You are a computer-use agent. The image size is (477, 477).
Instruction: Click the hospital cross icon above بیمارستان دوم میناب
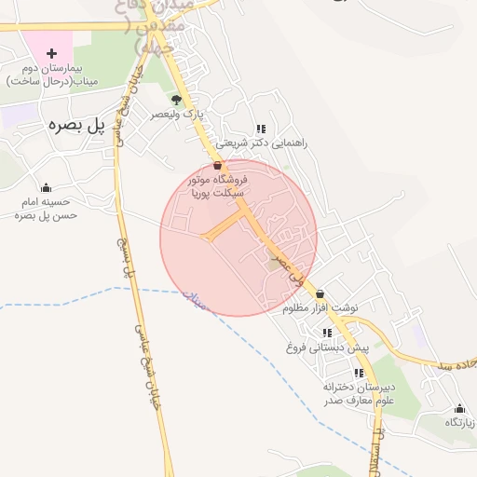[x=51, y=53]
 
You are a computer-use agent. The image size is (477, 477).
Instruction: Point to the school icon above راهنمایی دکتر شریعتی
[x=261, y=129]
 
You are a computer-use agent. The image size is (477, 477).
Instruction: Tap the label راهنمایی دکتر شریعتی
[x=267, y=143]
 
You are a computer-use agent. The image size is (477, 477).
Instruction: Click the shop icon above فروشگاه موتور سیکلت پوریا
[x=218, y=164]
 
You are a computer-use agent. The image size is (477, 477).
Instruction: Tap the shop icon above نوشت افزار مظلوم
[x=320, y=293]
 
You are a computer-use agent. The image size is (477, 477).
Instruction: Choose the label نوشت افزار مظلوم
[x=321, y=308]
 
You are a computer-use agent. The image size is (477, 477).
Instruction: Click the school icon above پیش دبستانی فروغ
[x=327, y=333]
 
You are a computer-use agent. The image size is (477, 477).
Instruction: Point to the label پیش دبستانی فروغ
[x=328, y=348]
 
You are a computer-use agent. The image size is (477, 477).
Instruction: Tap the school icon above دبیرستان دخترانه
[x=359, y=373]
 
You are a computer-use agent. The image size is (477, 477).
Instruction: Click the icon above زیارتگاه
[x=458, y=408]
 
